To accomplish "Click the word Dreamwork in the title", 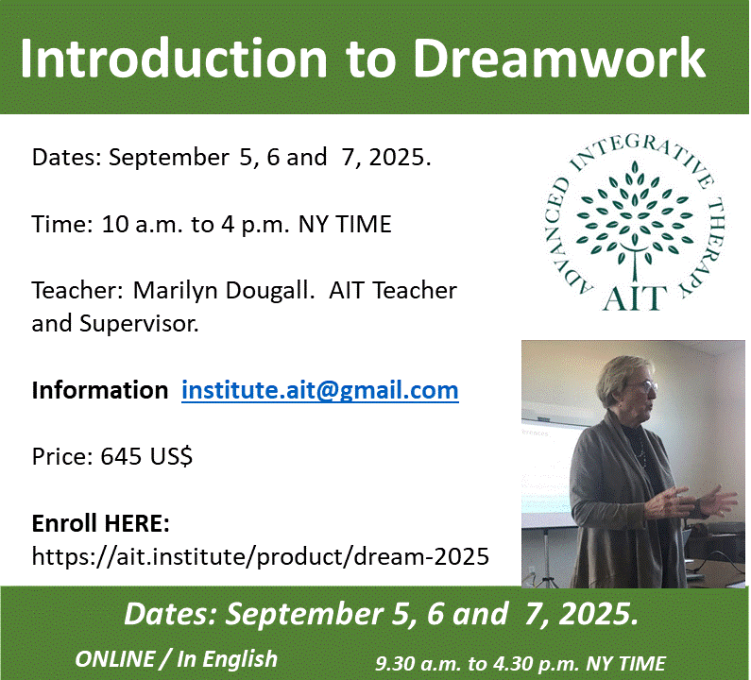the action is tap(559, 58).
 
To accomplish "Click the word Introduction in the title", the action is tap(174, 58).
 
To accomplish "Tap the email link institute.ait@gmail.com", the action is tap(320, 390).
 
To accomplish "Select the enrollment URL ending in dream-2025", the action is tap(261, 556).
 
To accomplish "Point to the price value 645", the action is tap(121, 456).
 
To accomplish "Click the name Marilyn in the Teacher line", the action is tap(176, 291).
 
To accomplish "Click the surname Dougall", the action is tap(270, 291).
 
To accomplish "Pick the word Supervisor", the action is tap(139, 324).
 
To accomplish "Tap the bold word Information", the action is tap(100, 390).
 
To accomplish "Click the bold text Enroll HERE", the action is tap(100, 523).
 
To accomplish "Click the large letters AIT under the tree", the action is tap(635, 297).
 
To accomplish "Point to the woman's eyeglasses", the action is tap(645, 386).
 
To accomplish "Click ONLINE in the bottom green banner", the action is tap(115, 659).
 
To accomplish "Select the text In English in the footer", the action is tap(227, 659).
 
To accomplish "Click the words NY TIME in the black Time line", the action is tap(345, 224).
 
